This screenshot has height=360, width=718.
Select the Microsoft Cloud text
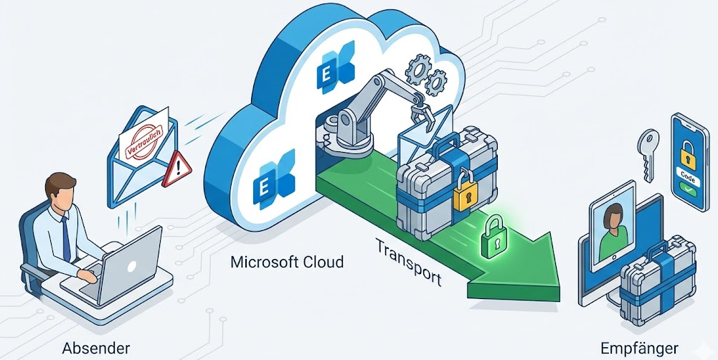286,262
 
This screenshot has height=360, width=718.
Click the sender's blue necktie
65,236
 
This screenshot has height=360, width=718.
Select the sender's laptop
129,270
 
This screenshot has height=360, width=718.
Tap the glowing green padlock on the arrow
493,231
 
